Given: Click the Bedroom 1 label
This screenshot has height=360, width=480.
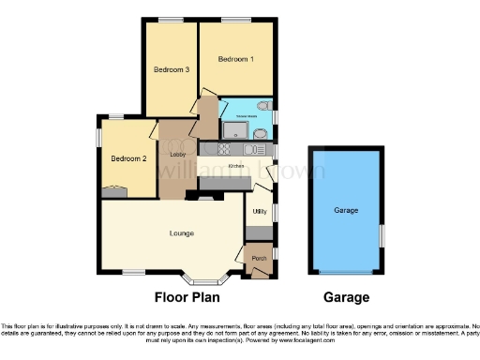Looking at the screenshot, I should [236, 59].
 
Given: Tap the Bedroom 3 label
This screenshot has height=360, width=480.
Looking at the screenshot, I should [172, 69].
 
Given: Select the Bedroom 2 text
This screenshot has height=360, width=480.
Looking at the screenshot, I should [129, 158].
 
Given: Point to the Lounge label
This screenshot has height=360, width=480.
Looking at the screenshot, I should [183, 232].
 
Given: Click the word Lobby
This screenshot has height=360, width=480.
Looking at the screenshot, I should [177, 154].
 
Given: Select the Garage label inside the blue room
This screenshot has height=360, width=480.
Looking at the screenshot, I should [346, 211].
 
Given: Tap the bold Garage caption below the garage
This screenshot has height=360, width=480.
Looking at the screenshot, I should [346, 298].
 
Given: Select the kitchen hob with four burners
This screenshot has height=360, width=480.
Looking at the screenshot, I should [225, 148].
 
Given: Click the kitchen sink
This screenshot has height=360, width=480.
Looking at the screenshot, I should [252, 148].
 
